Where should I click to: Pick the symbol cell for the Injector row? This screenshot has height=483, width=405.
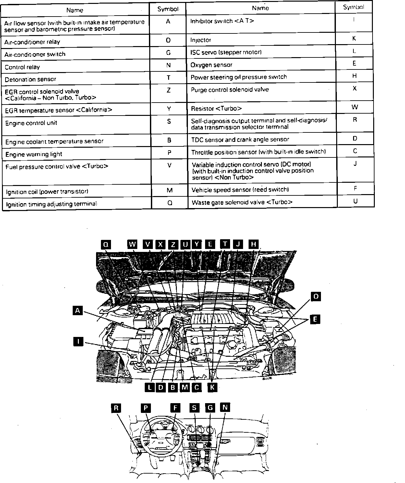pyautogui.click(x=354, y=39)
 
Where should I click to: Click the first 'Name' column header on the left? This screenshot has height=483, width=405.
pyautogui.click(x=75, y=10)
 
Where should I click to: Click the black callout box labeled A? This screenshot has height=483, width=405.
pyautogui.click(x=77, y=311)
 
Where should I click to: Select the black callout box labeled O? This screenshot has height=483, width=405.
pyautogui.click(x=316, y=296)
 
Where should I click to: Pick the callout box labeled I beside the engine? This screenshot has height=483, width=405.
pyautogui.click(x=78, y=341)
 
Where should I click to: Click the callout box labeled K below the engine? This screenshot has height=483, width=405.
pyautogui.click(x=212, y=387)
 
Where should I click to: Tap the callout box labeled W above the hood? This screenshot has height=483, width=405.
pyautogui.click(x=132, y=244)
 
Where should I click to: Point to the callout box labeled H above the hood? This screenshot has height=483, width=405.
pyautogui.click(x=254, y=244)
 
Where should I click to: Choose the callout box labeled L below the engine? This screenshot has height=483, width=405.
pyautogui.click(x=149, y=387)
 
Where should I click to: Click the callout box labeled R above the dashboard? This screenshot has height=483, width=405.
pyautogui.click(x=116, y=408)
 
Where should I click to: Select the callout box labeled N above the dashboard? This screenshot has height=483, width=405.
pyautogui.click(x=225, y=407)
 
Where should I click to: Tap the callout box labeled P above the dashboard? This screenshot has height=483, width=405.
pyautogui.click(x=146, y=408)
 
